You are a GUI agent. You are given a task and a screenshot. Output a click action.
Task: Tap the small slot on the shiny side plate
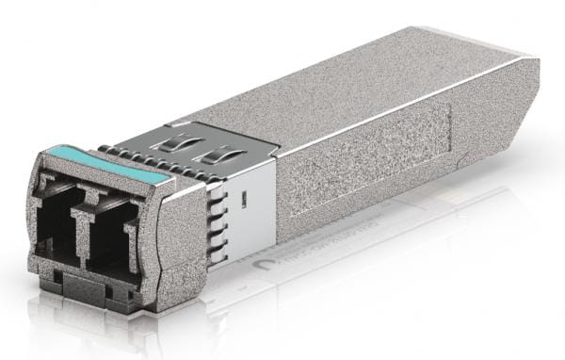click(x=243, y=199)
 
